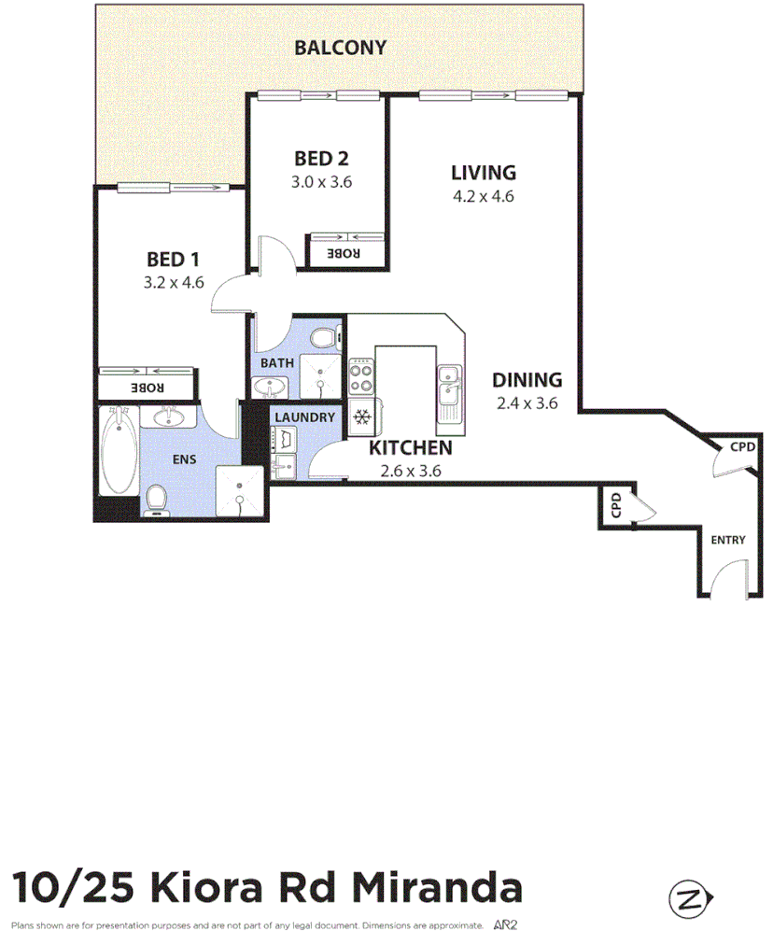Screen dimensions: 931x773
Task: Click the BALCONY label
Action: click(x=340, y=48)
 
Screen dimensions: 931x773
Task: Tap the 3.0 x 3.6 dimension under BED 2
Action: click(x=321, y=182)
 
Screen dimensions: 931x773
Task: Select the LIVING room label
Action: click(x=483, y=173)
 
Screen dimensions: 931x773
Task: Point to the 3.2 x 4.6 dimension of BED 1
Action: click(x=174, y=283)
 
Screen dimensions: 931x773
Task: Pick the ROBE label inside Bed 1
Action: click(x=147, y=388)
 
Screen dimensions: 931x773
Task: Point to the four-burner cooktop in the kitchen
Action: click(x=360, y=376)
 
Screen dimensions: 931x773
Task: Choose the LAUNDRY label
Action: click(x=304, y=416)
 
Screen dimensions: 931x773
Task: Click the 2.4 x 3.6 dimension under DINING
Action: click(x=527, y=403)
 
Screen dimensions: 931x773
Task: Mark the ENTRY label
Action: click(x=728, y=541)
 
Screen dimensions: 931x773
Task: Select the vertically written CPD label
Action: click(x=615, y=507)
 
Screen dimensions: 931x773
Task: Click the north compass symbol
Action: click(x=689, y=899)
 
